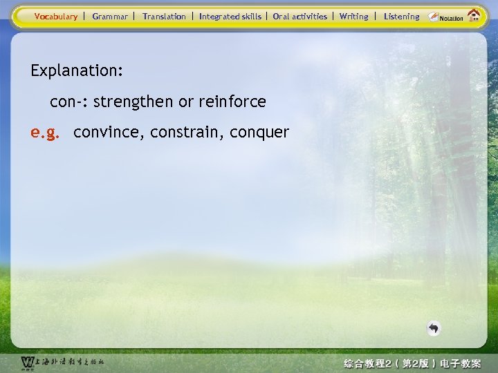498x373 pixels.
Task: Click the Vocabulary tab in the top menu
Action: click(56, 16)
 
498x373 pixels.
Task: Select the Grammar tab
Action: click(110, 16)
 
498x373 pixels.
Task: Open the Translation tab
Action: click(164, 16)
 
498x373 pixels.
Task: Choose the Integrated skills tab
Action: click(230, 16)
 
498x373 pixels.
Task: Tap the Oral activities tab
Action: click(299, 16)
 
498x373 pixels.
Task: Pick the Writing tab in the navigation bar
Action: click(354, 16)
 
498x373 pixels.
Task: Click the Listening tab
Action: click(401, 16)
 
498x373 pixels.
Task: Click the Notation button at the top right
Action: click(446, 17)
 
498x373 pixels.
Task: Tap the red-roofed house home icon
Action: click(474, 15)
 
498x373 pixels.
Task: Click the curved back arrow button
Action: click(433, 328)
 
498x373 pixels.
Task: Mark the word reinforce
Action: click(232, 102)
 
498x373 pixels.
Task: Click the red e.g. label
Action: click(46, 132)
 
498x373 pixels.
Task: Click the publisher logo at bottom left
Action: click(62, 363)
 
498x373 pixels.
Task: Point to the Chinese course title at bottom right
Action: click(412, 363)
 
